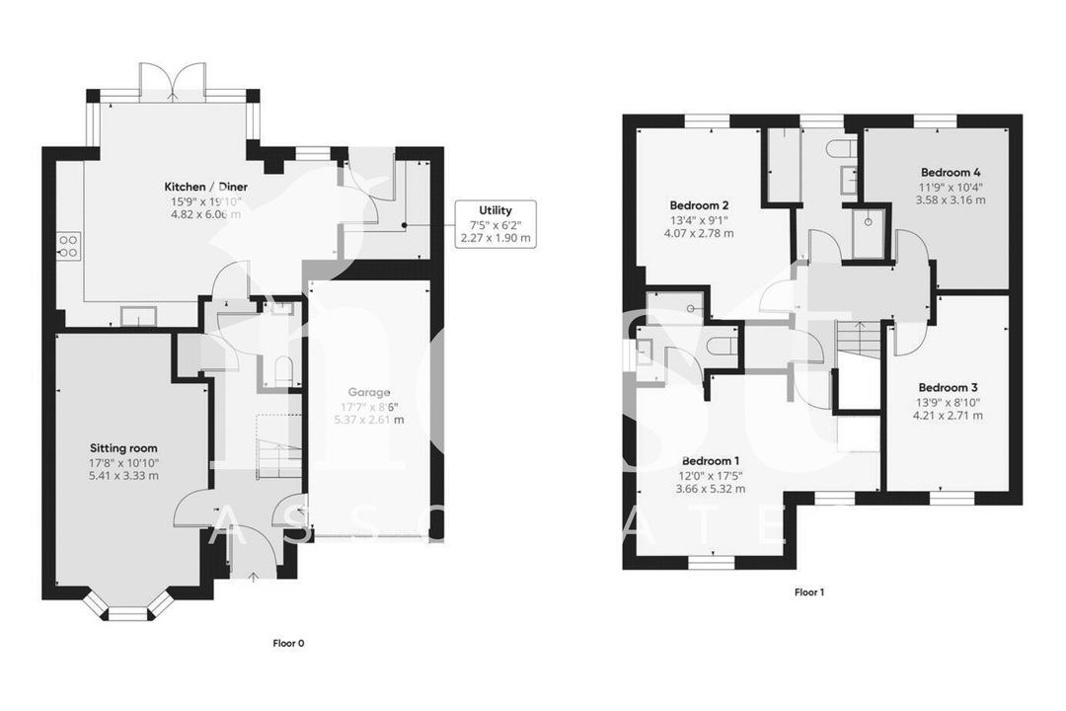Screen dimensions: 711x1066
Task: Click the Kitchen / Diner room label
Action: point(205,187)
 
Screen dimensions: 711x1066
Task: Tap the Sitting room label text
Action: point(122,447)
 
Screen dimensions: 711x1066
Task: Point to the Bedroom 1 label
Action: point(710,460)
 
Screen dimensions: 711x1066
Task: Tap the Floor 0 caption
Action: point(288,643)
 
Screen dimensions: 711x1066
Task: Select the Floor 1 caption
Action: point(808,592)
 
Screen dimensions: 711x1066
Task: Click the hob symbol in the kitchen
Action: point(68,245)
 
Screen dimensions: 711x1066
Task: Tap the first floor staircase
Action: point(858,341)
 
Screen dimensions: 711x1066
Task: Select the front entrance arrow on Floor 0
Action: point(253,577)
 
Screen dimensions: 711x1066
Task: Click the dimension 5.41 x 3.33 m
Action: point(122,475)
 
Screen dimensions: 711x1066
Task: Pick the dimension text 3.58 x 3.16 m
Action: point(952,199)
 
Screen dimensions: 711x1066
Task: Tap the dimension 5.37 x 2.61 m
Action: point(369,419)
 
